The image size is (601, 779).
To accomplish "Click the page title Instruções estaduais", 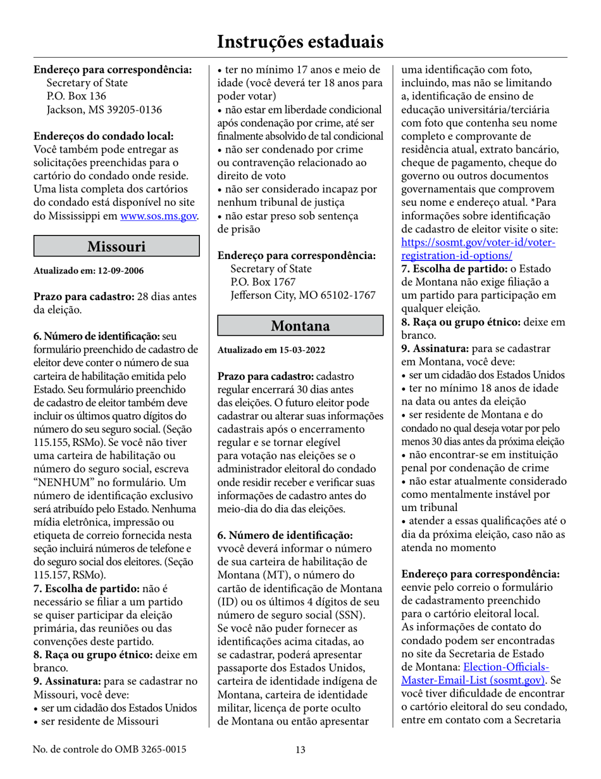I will pyautogui.click(x=300, y=42).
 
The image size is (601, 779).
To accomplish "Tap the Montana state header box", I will pyautogui.click(x=300, y=326).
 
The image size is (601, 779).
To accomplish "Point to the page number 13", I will pyautogui.click(x=300, y=750).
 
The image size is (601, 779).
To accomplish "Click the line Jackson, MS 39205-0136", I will pyautogui.click(x=104, y=110).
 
